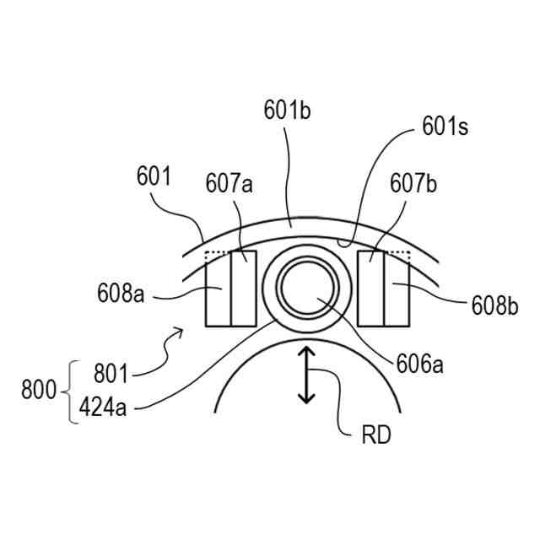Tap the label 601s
445,128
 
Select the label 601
153,178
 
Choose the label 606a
419,364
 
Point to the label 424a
105,408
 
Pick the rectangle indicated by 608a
218,293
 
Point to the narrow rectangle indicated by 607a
244,288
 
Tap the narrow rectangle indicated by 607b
370,288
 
